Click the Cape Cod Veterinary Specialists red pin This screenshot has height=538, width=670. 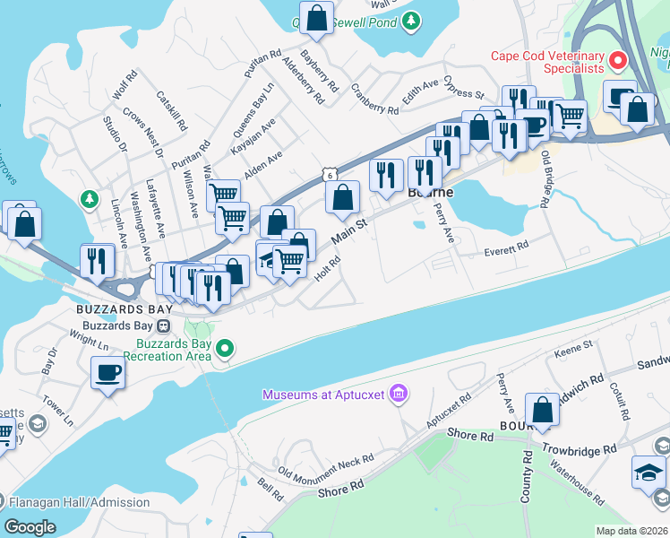[x=617, y=62]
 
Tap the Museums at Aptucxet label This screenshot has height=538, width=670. [x=325, y=395]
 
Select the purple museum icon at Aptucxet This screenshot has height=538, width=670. [x=399, y=394]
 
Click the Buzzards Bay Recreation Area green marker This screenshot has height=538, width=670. [x=226, y=348]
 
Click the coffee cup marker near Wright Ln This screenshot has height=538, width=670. [x=108, y=372]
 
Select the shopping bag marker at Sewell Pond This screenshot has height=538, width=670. [x=316, y=18]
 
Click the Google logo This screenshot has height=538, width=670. [x=30, y=527]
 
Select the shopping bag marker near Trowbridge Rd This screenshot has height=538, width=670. [x=542, y=410]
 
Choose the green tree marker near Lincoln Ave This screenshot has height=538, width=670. [x=88, y=197]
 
